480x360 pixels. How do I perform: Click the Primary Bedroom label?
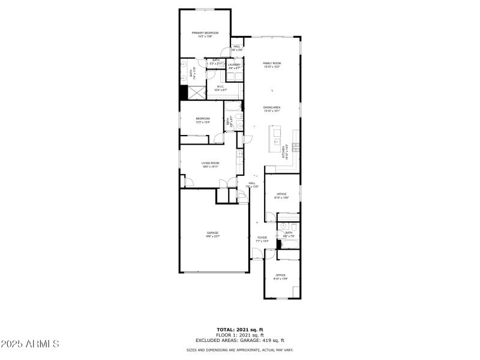tap(205, 32)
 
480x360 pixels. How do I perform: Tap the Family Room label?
tap(272, 63)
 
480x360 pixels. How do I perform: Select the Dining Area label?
tap(272, 107)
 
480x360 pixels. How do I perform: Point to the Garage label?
tap(213, 233)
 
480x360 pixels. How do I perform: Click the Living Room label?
tap(210, 163)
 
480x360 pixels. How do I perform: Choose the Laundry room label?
tap(234, 65)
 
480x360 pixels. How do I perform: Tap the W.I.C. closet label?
tap(221, 87)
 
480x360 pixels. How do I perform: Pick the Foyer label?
tap(262, 238)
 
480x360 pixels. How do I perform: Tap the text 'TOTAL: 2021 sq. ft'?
tap(240, 329)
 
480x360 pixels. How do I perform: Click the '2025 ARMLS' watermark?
tap(30, 344)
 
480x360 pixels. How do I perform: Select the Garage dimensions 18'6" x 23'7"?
tap(213, 236)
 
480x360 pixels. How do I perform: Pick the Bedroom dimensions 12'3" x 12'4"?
tap(203, 122)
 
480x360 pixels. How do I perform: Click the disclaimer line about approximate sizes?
tap(240, 350)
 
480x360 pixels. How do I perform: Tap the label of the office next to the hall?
tap(281, 194)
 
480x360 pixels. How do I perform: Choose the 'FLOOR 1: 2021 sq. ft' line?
tap(240, 335)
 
